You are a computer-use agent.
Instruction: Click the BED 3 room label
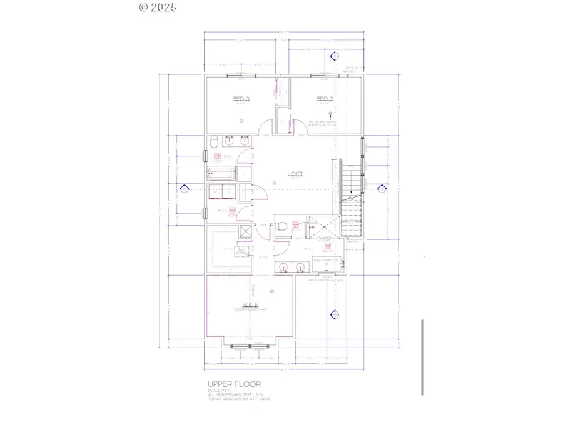241,99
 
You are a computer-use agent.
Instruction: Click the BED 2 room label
324,99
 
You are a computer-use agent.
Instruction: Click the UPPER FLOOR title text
234,384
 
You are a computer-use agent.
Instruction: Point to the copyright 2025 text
158,8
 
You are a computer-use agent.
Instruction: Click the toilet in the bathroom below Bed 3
213,140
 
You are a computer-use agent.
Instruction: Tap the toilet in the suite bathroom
282,227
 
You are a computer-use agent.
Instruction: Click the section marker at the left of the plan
185,188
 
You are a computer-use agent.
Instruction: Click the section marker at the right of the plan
383,188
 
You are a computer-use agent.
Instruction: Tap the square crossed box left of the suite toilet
246,231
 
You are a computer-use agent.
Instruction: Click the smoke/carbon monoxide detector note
323,124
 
